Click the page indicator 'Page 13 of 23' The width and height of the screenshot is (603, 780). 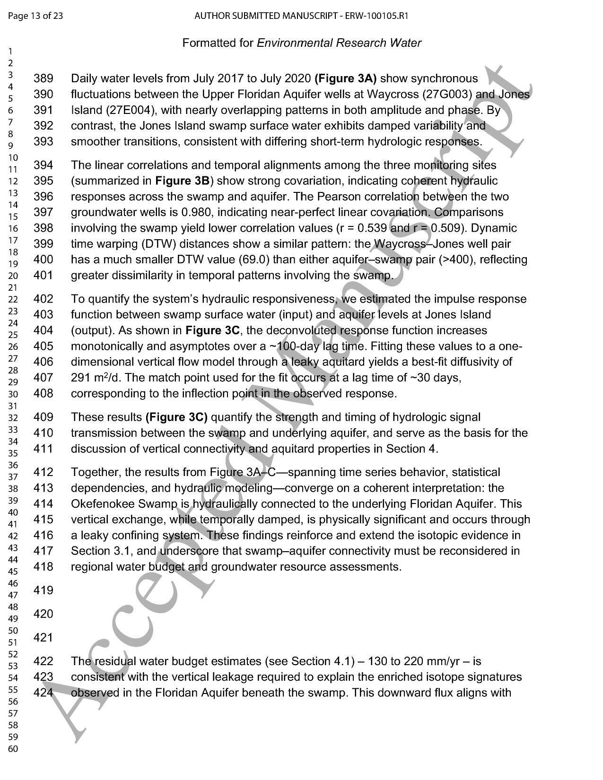point(35,16)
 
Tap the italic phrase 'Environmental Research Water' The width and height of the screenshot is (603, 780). point(339,43)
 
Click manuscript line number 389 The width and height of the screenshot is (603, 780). point(43,78)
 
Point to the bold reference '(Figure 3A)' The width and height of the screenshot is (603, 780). point(345,78)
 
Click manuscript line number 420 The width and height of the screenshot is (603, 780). point(43,614)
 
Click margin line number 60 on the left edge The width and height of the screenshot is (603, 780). point(12,749)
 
